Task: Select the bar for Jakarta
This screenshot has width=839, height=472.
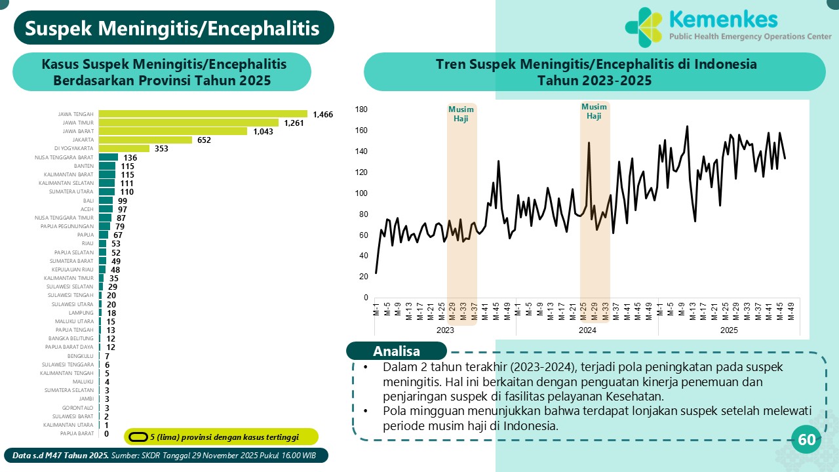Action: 145,140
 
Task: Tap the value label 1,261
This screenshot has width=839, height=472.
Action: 294,123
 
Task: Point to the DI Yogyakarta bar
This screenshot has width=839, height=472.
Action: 125,148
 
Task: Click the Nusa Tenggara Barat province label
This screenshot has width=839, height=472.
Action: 64,157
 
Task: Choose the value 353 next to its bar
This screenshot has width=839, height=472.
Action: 161,149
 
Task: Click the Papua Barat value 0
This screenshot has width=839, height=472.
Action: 106,433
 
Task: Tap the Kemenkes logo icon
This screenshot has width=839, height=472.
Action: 644,28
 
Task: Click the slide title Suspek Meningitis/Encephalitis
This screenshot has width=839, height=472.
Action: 173,29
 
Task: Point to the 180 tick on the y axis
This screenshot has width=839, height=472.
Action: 362,109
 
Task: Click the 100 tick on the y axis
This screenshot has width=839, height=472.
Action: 362,193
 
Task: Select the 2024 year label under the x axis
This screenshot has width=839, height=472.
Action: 587,330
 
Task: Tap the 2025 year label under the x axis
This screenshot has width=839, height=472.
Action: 729,330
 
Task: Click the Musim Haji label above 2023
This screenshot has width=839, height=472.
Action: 461,113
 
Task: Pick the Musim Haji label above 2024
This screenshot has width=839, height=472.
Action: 594,111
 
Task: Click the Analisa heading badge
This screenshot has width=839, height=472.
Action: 397,351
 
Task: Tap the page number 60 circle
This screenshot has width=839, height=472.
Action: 807,440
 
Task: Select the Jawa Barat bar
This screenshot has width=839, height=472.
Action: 173,131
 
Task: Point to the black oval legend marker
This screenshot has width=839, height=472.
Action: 138,437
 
